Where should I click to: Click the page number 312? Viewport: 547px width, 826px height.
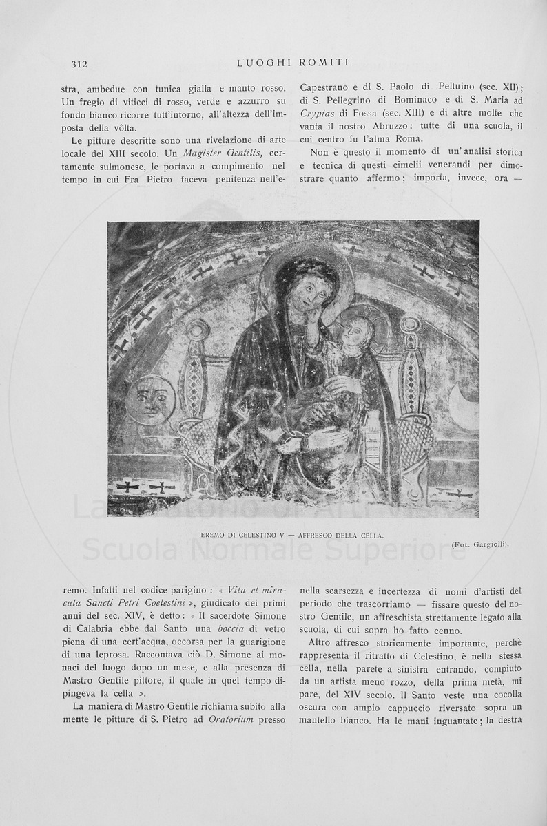pyautogui.click(x=79, y=64)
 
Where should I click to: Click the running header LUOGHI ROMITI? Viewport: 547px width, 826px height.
pyautogui.click(x=293, y=63)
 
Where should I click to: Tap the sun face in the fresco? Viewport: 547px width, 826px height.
pyautogui.click(x=151, y=399)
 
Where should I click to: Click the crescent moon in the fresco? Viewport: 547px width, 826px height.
pyautogui.click(x=462, y=407)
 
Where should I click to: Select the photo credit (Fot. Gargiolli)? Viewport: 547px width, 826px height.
pyautogui.click(x=481, y=544)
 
